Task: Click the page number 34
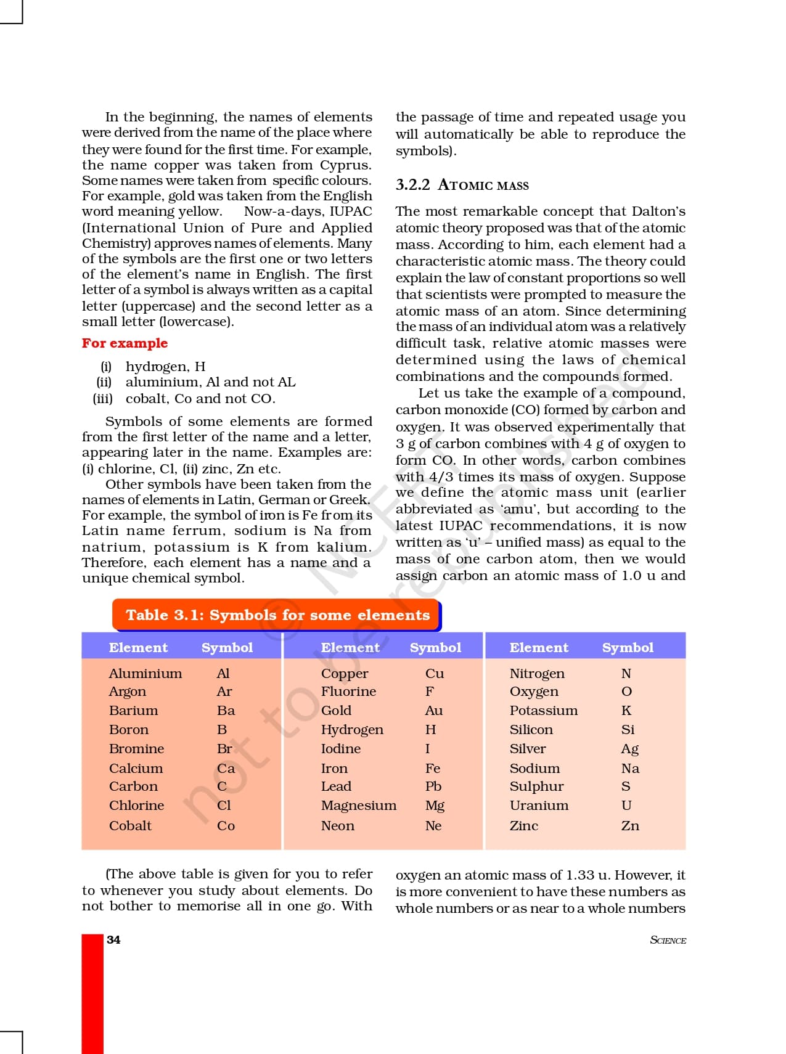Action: click(x=113, y=939)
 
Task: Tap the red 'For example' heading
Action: click(x=125, y=343)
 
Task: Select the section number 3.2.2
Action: click(x=412, y=185)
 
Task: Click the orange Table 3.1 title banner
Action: click(x=277, y=615)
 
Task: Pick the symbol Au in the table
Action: click(x=433, y=711)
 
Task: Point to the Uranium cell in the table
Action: click(x=539, y=806)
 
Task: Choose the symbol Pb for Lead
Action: click(x=433, y=786)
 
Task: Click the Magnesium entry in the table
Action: click(x=358, y=806)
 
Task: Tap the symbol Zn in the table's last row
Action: click(x=629, y=826)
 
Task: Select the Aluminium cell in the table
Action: click(x=145, y=674)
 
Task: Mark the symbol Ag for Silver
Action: click(x=629, y=749)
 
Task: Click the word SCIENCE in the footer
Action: click(x=668, y=940)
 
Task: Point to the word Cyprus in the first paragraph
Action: click(x=345, y=165)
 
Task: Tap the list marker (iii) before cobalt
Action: click(x=102, y=399)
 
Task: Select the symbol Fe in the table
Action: click(x=432, y=769)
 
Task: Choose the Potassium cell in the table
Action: click(x=543, y=711)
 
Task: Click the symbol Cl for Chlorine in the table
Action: click(x=224, y=806)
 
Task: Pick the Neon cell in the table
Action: click(x=337, y=826)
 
